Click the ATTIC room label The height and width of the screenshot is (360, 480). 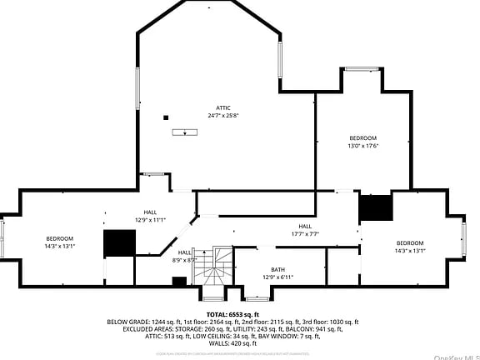pyautogui.click(x=222, y=107)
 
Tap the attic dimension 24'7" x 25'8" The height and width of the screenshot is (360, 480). pyautogui.click(x=222, y=115)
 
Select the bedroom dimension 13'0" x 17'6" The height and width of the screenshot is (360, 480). pyautogui.click(x=362, y=145)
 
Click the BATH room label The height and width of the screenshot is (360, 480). pyautogui.click(x=277, y=269)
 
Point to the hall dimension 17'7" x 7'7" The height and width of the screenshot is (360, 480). pyautogui.click(x=305, y=234)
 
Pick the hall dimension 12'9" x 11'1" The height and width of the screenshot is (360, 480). pyautogui.click(x=150, y=220)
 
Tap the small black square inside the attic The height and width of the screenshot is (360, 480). pyautogui.click(x=166, y=117)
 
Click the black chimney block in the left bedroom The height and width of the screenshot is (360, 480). pyautogui.click(x=118, y=243)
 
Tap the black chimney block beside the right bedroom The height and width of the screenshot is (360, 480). pyautogui.click(x=375, y=207)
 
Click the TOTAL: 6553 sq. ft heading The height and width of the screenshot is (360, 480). pyautogui.click(x=232, y=314)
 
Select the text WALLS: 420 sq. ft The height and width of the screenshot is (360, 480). pyautogui.click(x=232, y=342)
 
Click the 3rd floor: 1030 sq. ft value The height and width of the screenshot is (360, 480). pyautogui.click(x=328, y=322)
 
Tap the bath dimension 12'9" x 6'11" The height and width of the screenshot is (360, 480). pyautogui.click(x=277, y=277)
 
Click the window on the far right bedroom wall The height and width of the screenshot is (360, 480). pyautogui.click(x=464, y=237)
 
